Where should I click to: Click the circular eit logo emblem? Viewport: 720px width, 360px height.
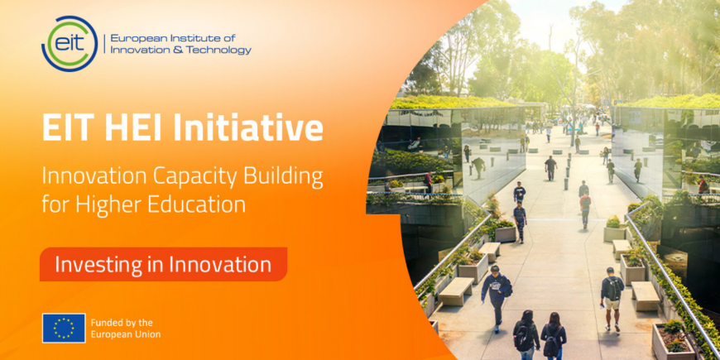tap(70, 44)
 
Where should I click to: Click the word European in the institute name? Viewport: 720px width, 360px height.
tap(134, 38)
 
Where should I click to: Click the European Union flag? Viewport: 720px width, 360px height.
tap(64, 328)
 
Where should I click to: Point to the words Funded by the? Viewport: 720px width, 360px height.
tap(122, 323)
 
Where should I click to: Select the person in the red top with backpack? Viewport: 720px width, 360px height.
tap(585, 209)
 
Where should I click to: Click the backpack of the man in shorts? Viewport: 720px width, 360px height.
tap(613, 289)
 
